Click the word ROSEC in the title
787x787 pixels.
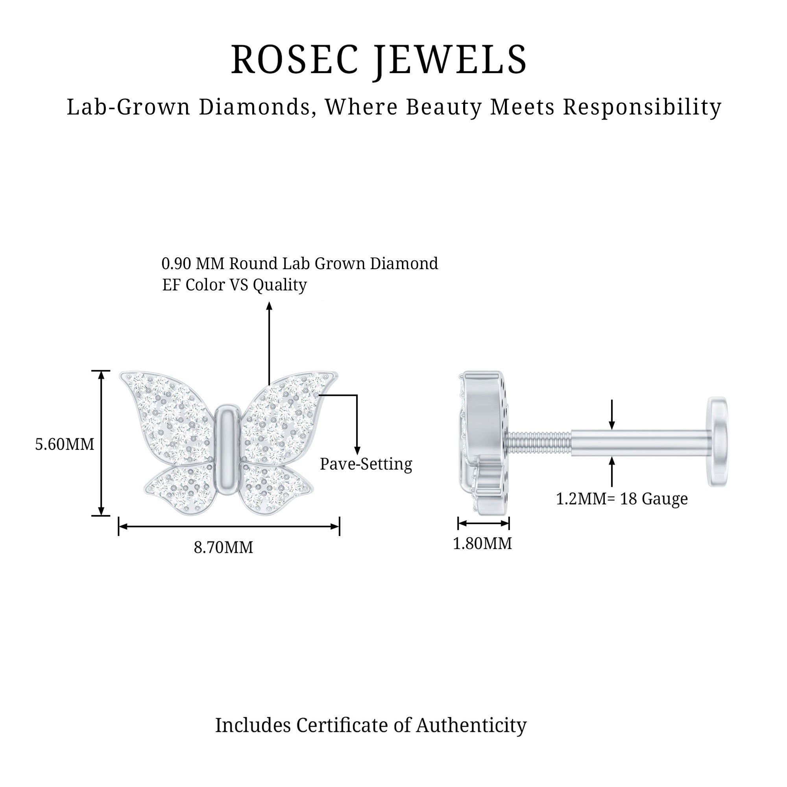tap(294, 60)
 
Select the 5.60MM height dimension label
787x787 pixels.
tap(65, 444)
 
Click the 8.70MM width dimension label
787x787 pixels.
tap(223, 547)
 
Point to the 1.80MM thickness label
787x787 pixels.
tap(482, 543)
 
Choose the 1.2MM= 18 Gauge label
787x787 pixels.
tap(622, 499)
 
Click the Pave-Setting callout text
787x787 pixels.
tap(366, 464)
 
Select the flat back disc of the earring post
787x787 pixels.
tap(718, 442)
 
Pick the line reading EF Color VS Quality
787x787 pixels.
tap(234, 285)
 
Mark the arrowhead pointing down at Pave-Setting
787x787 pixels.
tap(357, 450)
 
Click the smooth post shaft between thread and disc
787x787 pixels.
tap(639, 443)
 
